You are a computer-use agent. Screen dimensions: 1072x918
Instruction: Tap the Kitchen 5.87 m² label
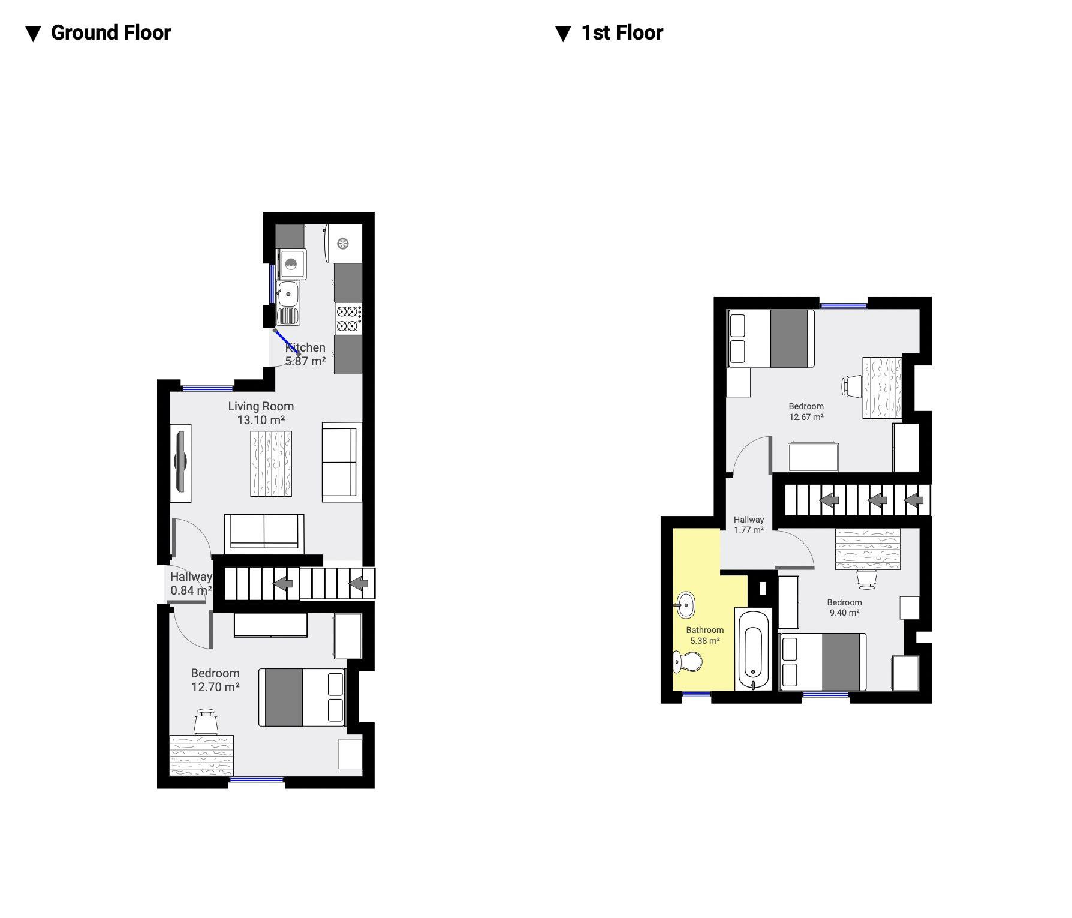[305, 354]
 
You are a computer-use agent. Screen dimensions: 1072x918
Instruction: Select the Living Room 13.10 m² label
[261, 413]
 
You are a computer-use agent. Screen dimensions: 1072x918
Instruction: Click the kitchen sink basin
[288, 293]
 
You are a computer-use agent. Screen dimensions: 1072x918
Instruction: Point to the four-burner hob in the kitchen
[348, 319]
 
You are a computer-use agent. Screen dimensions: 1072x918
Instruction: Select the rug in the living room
[271, 464]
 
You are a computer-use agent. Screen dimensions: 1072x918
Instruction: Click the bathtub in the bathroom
[753, 649]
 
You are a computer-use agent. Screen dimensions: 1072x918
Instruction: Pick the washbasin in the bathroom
[684, 605]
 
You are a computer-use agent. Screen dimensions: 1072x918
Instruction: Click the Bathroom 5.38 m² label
[705, 635]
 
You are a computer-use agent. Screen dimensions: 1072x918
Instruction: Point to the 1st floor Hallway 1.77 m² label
[749, 525]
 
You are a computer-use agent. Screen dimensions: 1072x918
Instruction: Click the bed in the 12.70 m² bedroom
[302, 697]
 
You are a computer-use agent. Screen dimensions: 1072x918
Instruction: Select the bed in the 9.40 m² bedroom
[823, 662]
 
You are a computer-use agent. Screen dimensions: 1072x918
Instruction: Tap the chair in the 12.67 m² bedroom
[852, 386]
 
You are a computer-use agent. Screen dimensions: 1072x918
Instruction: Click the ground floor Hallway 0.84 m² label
[191, 583]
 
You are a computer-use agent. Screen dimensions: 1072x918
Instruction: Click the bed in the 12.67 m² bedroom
[771, 338]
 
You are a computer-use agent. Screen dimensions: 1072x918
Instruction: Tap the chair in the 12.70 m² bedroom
[206, 721]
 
